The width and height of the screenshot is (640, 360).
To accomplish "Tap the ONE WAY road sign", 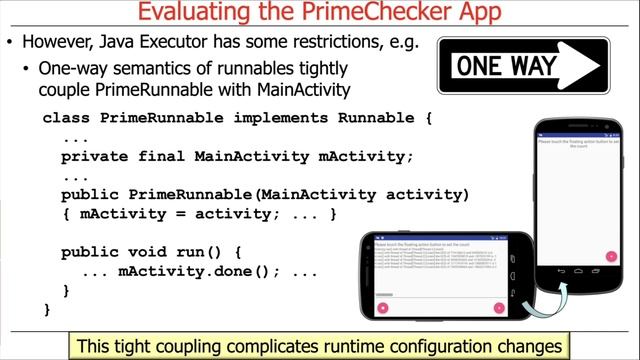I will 523,67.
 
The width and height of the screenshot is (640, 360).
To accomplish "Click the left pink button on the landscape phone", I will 383,307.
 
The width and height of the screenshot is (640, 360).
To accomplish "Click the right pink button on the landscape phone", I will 499,307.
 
